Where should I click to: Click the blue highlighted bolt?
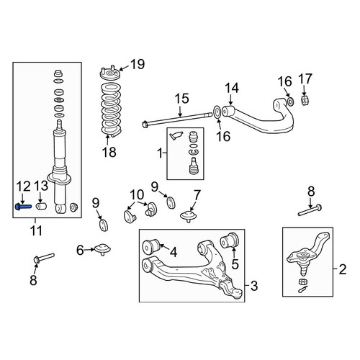[x=23, y=207]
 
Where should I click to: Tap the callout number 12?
[x=23, y=186]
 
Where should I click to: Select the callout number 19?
[x=138, y=64]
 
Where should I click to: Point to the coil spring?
[x=111, y=109]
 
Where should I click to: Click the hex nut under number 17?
[x=305, y=100]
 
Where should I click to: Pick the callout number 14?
[x=232, y=88]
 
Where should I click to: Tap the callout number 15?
[x=181, y=99]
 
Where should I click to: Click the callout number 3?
[x=253, y=286]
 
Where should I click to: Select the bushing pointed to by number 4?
[x=151, y=247]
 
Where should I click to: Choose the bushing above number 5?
[x=229, y=240]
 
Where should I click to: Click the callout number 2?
[x=343, y=269]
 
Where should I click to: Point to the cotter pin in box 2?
[x=302, y=290]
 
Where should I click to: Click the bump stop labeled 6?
[x=103, y=249]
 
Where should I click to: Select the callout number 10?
[x=138, y=195]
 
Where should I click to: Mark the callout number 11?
[x=36, y=230]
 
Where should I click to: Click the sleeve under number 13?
[x=41, y=207]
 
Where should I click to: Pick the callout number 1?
[x=161, y=153]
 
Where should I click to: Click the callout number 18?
[x=109, y=152]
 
